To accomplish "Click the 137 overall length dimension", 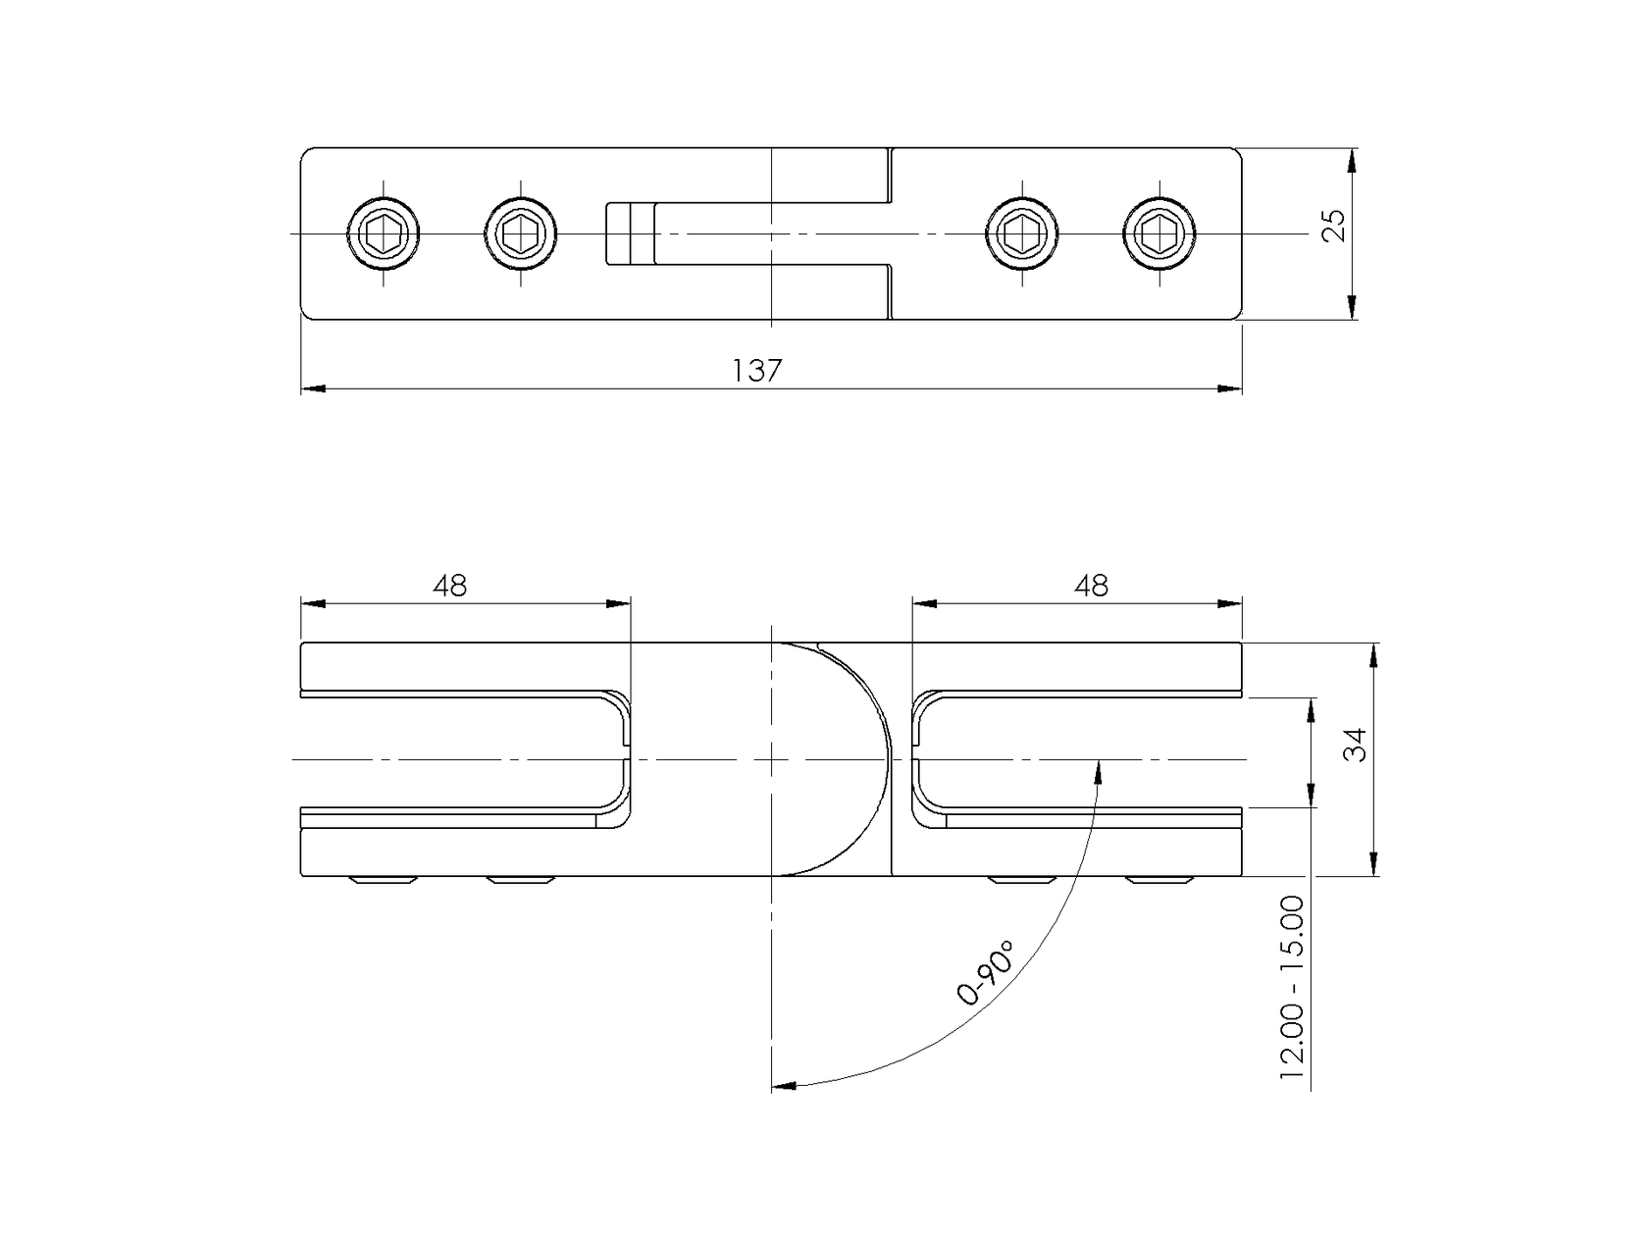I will point(756,372).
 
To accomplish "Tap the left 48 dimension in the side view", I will point(450,586).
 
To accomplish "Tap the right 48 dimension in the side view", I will point(1091,586).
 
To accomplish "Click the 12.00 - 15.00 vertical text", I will point(1292,989).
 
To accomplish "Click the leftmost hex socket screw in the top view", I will point(384,233).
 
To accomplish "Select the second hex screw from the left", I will point(521,233).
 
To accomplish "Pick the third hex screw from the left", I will point(1022,233).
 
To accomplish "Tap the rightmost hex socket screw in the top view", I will point(1159,233).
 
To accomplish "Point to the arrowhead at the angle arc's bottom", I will point(783,1085).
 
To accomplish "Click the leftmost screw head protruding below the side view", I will point(385,880).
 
